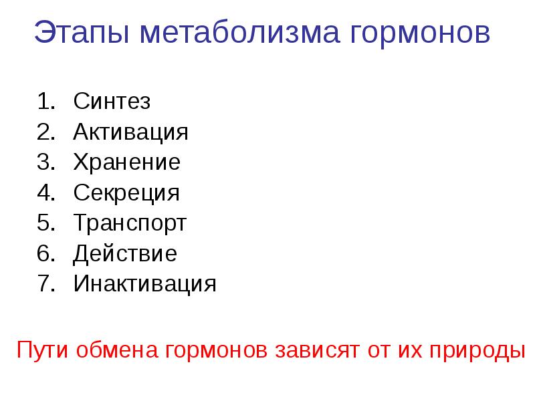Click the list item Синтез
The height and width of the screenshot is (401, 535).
click(112, 102)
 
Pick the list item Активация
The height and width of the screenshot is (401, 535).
click(130, 132)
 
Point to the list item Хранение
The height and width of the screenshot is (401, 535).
click(126, 162)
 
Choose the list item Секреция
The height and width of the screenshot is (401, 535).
click(126, 193)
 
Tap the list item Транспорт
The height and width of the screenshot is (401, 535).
click(130, 223)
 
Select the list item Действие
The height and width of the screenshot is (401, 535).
click(125, 254)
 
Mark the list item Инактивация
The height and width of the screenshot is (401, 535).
click(145, 284)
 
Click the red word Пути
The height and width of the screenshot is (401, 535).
click(41, 350)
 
